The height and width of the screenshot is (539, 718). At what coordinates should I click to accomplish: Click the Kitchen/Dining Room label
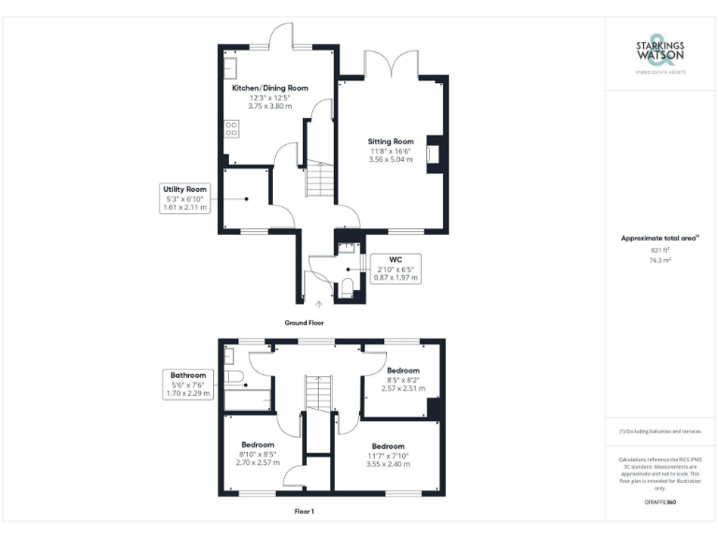click(x=269, y=88)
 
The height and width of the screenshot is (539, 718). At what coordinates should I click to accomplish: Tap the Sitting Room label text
click(x=391, y=141)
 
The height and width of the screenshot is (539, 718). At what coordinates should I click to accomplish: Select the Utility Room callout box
click(x=184, y=197)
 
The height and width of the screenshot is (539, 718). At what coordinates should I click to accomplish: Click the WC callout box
click(x=397, y=268)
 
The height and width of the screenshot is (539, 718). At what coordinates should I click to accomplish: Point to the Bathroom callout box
click(x=188, y=384)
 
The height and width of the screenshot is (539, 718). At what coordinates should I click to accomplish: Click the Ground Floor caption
click(x=304, y=322)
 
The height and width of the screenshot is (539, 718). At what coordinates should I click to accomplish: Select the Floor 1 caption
click(x=304, y=511)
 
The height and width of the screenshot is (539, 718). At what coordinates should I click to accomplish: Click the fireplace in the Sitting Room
click(x=432, y=154)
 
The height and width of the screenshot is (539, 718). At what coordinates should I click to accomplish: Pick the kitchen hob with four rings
click(x=230, y=129)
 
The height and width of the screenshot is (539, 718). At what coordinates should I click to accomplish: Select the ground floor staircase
click(x=320, y=180)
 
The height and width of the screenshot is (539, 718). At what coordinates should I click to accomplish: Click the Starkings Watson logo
click(x=660, y=56)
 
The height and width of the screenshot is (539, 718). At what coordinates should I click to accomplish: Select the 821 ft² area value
click(x=660, y=250)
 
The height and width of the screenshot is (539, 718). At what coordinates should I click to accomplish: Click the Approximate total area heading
click(x=660, y=239)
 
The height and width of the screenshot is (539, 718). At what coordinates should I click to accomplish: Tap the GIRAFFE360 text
click(x=660, y=503)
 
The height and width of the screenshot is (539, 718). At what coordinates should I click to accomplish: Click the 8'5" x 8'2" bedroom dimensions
click(x=406, y=380)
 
